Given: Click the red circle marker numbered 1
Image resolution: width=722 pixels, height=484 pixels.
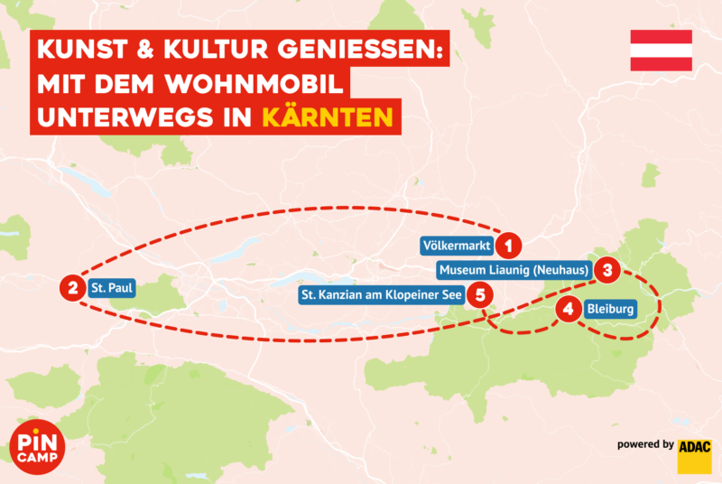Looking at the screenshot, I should point(509,245).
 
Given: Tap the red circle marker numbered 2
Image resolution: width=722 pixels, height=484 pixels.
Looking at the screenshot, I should point(71,289).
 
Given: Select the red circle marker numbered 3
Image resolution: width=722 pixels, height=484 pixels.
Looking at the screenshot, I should point(608,269).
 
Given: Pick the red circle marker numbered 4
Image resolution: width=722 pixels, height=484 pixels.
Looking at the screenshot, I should point(568,309).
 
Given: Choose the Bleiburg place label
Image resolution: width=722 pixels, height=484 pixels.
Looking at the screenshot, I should point(611,309).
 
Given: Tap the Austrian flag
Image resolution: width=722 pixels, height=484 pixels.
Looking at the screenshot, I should point(661,51).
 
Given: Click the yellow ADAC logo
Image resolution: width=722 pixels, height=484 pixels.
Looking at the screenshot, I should point(695,455).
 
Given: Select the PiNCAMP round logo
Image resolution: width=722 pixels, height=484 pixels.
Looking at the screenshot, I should point(39,443).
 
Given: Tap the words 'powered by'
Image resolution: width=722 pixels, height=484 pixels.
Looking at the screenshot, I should point(645,444).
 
